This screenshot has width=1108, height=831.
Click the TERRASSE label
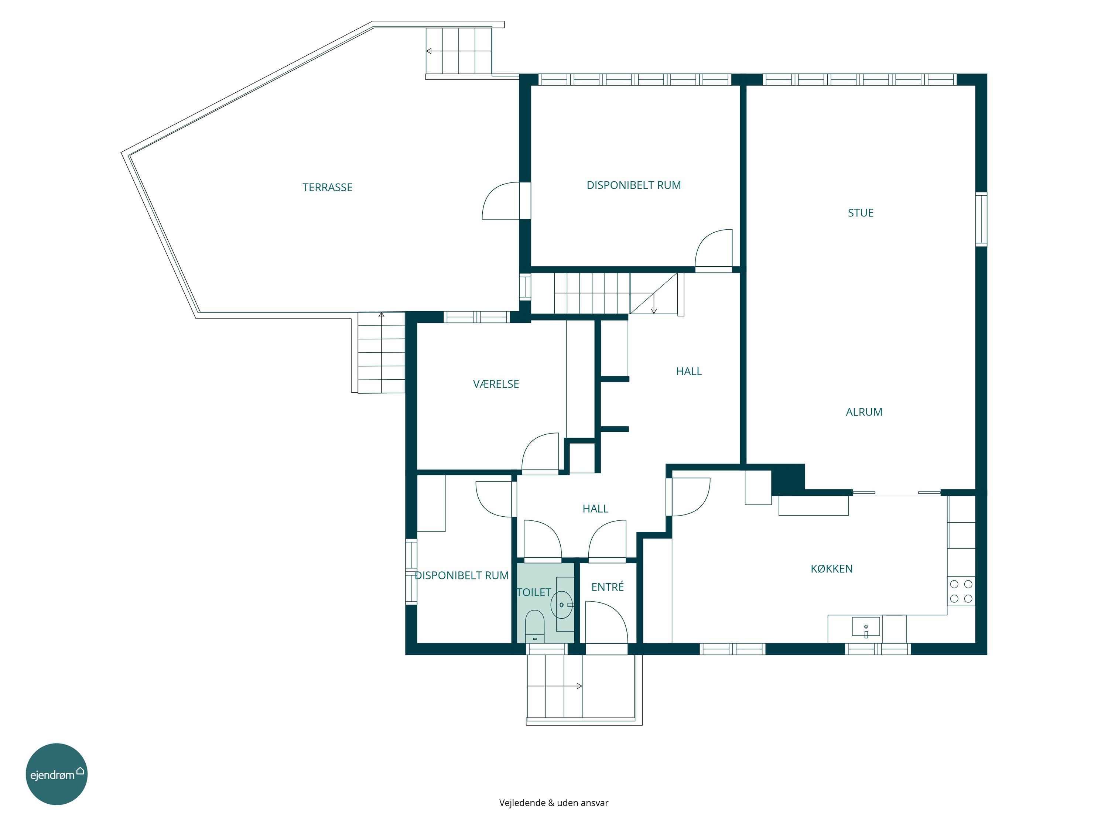pos(328,187)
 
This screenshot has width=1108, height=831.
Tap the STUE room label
pos(861,213)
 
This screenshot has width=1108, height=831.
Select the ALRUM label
pos(864,412)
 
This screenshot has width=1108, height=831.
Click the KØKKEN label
pos(831,568)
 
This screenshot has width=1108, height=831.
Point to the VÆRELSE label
pos(496,384)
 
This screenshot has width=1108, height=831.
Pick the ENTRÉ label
pos(608,587)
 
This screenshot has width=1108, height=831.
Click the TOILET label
pos(534,592)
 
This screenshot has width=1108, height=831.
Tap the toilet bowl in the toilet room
pos(534,626)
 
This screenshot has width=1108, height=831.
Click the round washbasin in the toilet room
pos(561,605)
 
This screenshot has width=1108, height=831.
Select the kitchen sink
pos(866,627)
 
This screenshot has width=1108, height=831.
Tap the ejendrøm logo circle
pos(57,774)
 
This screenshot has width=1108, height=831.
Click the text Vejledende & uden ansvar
pos(554,803)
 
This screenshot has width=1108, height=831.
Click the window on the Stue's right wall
pos(981,219)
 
